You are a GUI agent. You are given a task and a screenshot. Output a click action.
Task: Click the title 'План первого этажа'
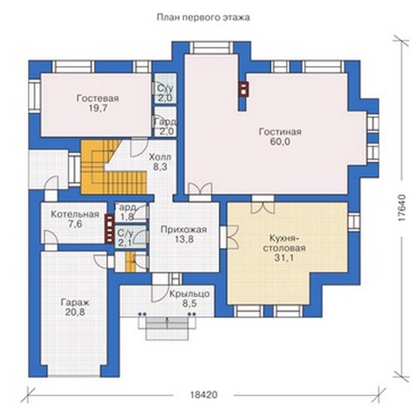pos(204,17)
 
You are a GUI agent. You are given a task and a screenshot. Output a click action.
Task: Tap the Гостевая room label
pos(97,98)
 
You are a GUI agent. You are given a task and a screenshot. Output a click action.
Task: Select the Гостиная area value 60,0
pos(280,142)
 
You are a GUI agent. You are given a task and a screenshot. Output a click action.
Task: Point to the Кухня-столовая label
pos(284,243)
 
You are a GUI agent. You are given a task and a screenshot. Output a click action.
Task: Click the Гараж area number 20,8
pos(75,312)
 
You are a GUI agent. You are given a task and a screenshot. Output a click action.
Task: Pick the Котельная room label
pos(75,214)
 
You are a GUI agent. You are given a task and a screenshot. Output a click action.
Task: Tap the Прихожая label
pos(184,229)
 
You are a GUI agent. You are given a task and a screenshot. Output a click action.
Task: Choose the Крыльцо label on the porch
pos(190,294)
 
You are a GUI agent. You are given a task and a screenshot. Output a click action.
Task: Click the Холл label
pos(160,157)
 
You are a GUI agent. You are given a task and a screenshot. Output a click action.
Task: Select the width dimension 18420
pos(204,395)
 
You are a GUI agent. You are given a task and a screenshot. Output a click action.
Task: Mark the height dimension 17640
pos(401,208)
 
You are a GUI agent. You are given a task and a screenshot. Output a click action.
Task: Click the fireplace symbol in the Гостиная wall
pos(243,90)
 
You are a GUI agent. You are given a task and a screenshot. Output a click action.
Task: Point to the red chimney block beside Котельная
pos(110,229)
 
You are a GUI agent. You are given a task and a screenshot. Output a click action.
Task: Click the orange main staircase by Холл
pos(113,166)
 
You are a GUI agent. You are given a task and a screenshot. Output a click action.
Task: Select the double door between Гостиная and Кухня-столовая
pos(263,204)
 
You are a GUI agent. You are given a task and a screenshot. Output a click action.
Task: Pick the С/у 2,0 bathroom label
pos(165,93)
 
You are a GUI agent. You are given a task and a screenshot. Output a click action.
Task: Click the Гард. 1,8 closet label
pos(127,212)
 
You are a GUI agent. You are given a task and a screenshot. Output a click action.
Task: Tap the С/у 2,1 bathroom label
pos(125,238)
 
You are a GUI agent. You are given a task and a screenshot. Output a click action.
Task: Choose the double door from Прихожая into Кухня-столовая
pos(229,237)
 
